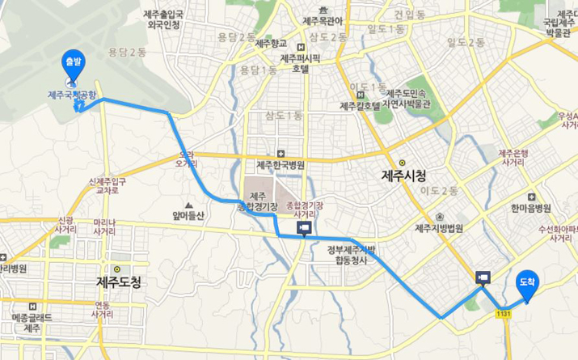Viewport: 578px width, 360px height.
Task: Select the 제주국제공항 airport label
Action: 73,95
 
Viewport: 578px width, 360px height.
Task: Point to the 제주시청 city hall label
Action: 403,175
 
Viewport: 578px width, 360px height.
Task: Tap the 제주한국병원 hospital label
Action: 280,164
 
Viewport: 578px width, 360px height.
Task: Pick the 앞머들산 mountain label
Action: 189,215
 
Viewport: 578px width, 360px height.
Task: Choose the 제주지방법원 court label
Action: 438,228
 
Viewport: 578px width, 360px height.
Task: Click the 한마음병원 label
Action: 530,208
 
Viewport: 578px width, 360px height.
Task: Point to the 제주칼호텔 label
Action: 360,106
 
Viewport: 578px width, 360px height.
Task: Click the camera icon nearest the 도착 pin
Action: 483,277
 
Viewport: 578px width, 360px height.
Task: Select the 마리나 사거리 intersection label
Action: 104,227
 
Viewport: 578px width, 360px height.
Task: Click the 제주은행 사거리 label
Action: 515,158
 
